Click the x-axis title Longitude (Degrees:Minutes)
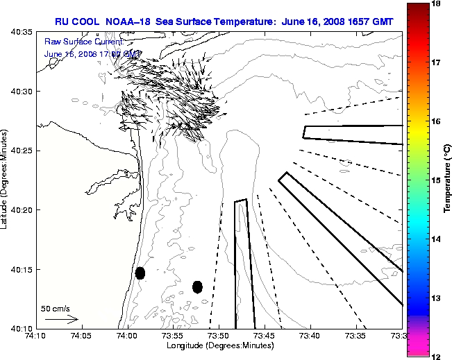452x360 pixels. pos(218,345)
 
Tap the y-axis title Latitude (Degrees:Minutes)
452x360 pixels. pos(6,179)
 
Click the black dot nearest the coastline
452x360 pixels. pos(140,273)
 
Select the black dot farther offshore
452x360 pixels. pos(197,286)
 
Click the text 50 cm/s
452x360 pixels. pos(56,308)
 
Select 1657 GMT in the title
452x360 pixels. pos(369,22)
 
